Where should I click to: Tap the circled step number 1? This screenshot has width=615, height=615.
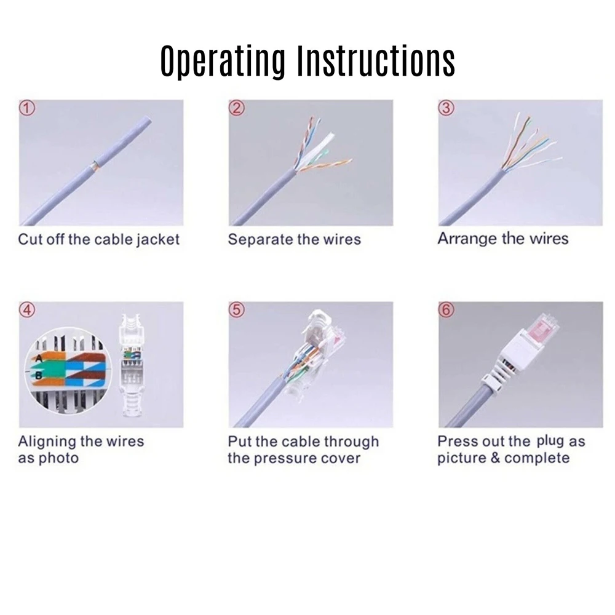pos(27,108)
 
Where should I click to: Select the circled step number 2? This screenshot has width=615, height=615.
pos(237,108)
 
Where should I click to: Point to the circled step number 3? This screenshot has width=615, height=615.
pos(446,108)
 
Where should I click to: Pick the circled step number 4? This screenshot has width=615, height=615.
pos(27,310)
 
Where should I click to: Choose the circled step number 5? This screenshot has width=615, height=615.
pos(237,310)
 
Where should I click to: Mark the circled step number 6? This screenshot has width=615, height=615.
pos(446,310)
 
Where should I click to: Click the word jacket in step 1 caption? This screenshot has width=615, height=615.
pos(156,239)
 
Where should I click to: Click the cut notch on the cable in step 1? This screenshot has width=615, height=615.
pos(93,164)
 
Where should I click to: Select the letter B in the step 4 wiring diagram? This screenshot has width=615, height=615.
pos(39,373)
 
